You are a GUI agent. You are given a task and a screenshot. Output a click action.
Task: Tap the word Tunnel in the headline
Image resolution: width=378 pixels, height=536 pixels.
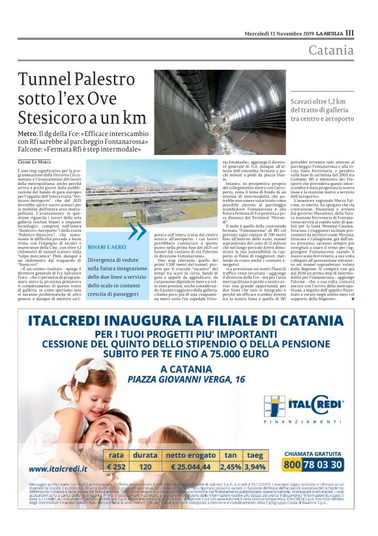(45, 80)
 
